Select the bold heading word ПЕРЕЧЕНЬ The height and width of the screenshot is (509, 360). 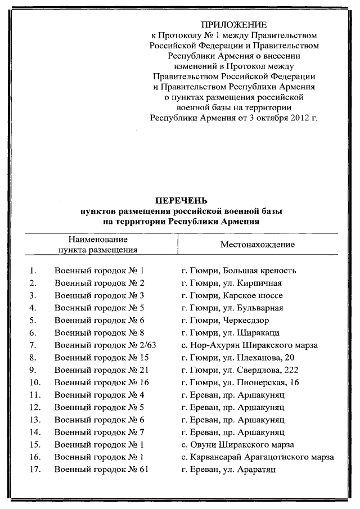(181, 200)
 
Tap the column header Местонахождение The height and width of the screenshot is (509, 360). (257, 245)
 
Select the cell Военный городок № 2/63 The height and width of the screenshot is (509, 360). (105, 345)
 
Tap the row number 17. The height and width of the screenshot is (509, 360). (33, 469)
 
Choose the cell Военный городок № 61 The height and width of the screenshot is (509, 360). (102, 469)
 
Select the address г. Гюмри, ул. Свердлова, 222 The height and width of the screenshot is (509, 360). (240, 370)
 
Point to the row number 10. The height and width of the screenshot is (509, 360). (33, 382)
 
